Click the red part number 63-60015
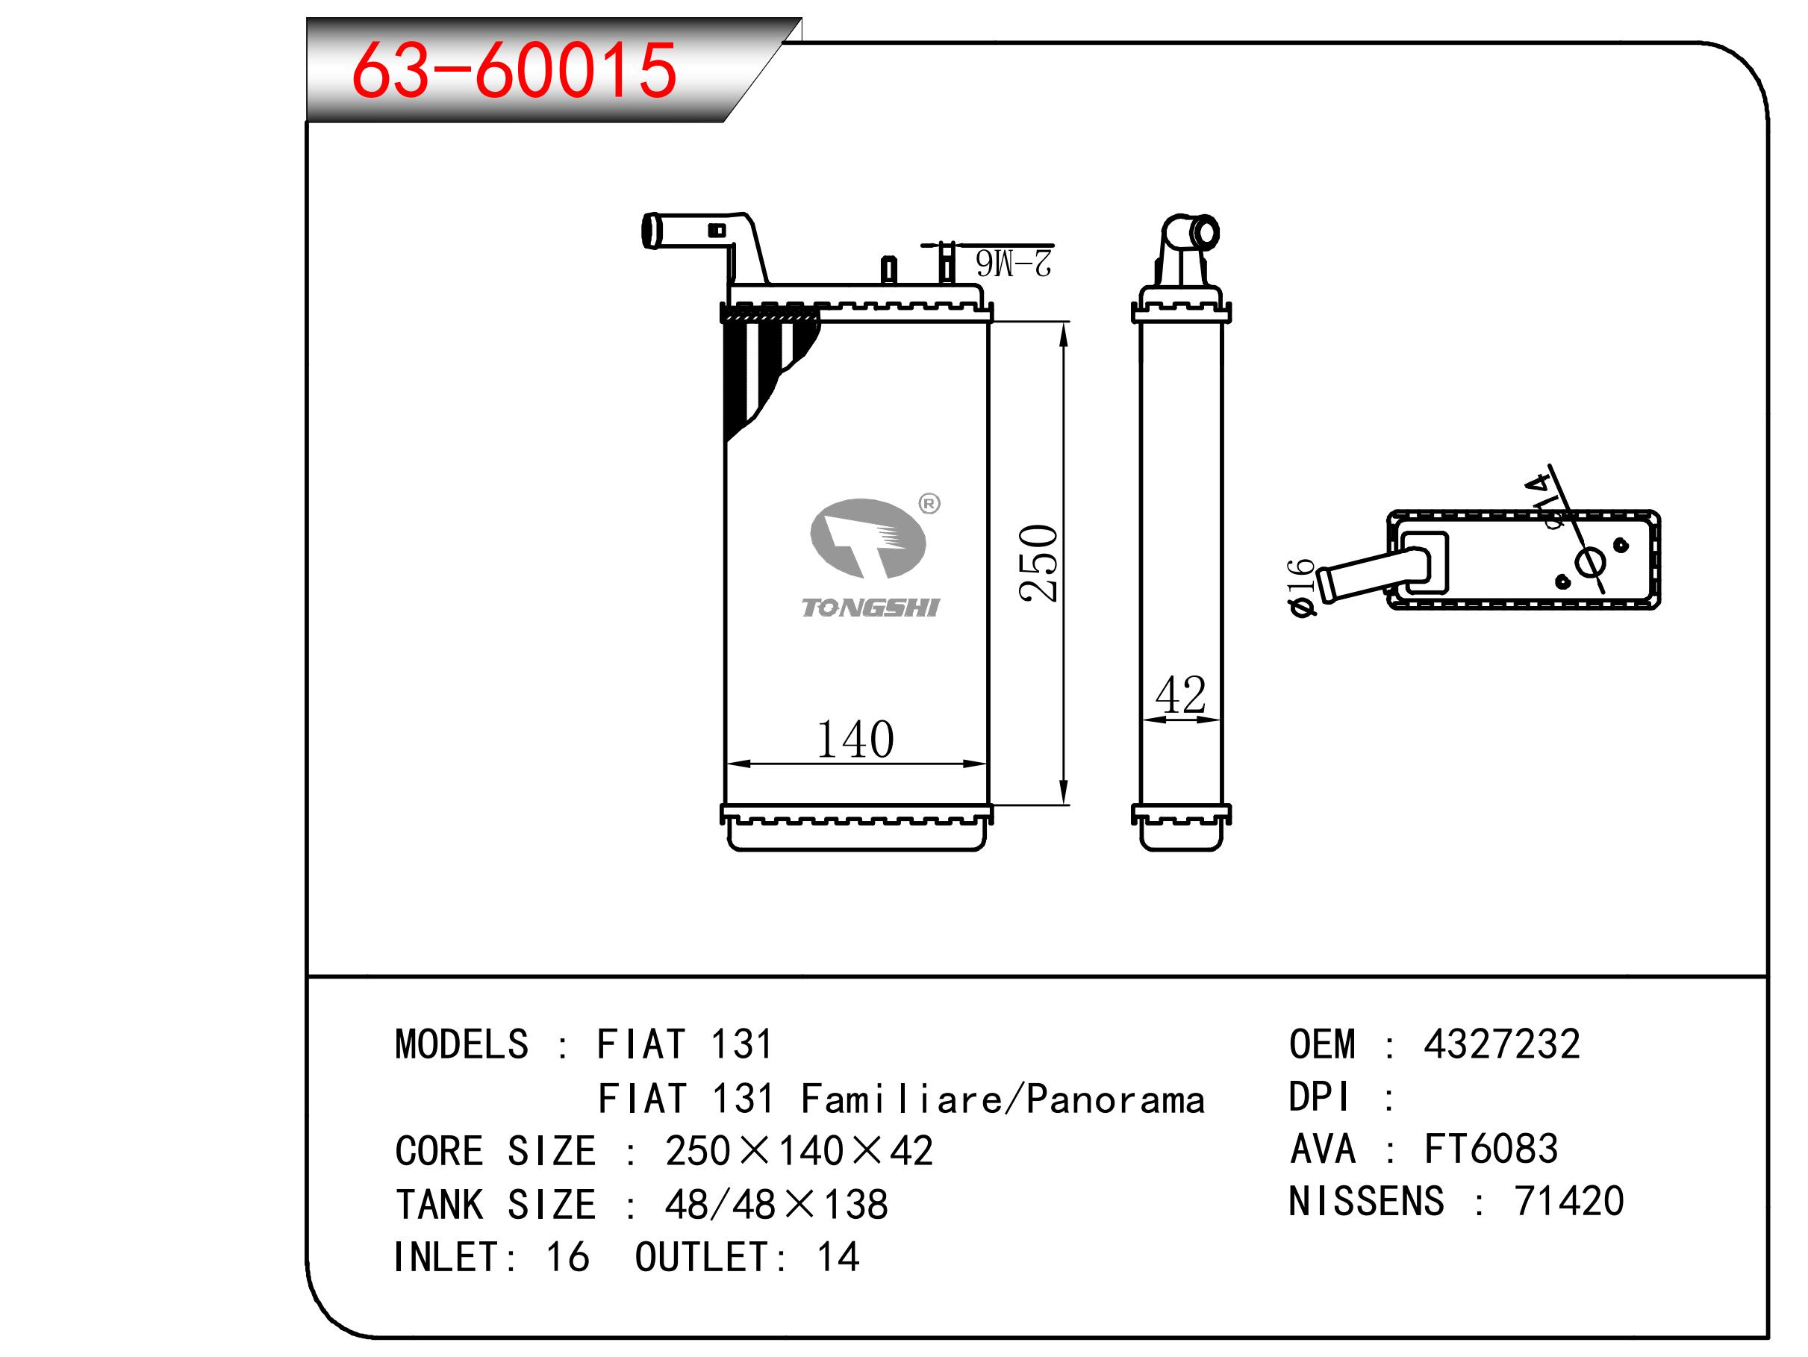click(x=514, y=70)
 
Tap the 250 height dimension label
click(x=1039, y=564)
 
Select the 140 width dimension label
click(x=855, y=739)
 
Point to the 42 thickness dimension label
click(x=1180, y=695)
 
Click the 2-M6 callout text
click(x=1014, y=263)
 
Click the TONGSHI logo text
click(x=870, y=608)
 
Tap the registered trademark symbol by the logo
click(x=929, y=504)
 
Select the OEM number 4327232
click(x=1501, y=1044)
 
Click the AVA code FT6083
click(x=1491, y=1149)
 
